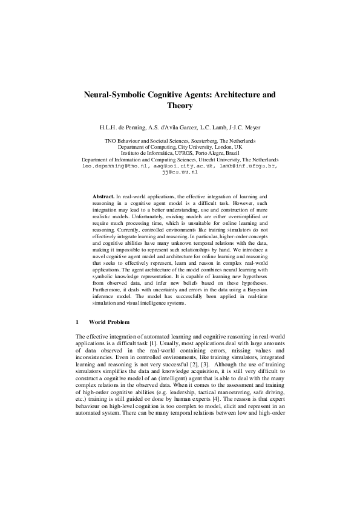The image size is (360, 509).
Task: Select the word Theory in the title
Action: [x=180, y=106]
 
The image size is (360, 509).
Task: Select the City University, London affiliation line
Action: [x=180, y=147]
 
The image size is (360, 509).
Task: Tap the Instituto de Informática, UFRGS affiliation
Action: [x=180, y=153]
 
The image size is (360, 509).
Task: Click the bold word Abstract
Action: [x=103, y=197]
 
